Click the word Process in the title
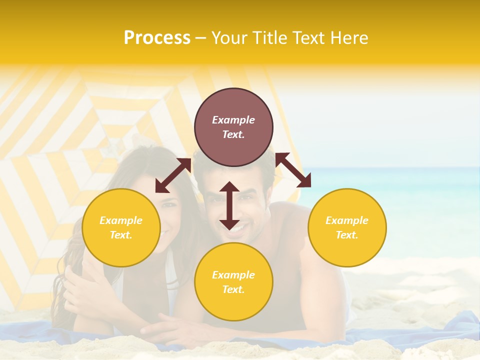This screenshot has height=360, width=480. [x=157, y=38]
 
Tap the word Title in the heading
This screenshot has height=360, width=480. [x=269, y=38]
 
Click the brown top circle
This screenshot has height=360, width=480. [x=233, y=127]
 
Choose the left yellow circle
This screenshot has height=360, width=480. [x=121, y=227]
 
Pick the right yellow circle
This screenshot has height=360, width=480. [x=346, y=227]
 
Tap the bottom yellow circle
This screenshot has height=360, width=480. [x=233, y=281]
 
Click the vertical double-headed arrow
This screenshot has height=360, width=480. [x=229, y=205]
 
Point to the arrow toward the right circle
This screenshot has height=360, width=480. [x=293, y=170]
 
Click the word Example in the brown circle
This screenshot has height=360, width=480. [x=233, y=120]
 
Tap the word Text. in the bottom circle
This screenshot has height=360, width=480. [x=233, y=289]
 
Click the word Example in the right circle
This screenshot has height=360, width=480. [x=346, y=220]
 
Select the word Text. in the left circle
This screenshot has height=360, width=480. [x=121, y=235]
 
